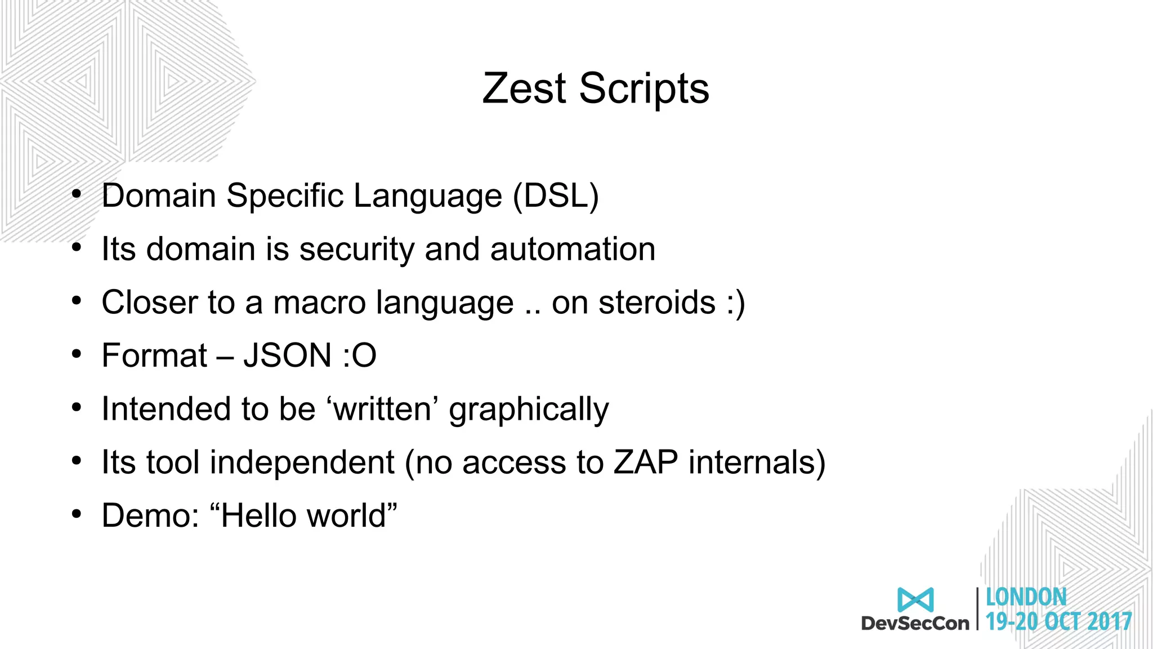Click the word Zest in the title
524,88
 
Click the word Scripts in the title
644,90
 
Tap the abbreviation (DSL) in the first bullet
556,196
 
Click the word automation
573,249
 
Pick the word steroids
657,303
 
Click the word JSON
287,355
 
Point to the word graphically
529,410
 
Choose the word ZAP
645,463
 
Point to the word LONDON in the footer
1026,597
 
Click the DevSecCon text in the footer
915,623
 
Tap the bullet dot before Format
77,354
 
